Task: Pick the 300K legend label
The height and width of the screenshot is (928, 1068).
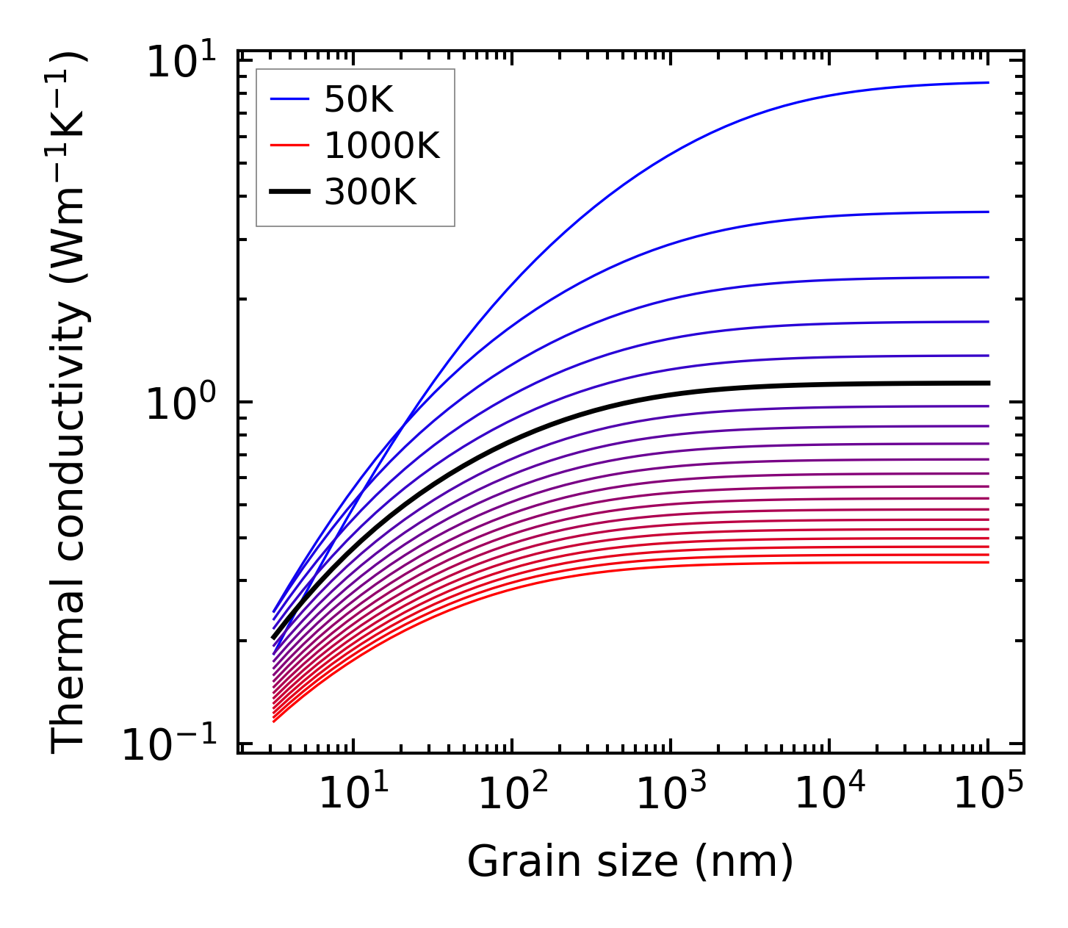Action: [x=370, y=193]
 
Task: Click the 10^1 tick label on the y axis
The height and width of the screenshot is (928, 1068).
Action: [x=181, y=62]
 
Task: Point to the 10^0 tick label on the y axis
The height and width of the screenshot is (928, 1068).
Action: [x=181, y=404]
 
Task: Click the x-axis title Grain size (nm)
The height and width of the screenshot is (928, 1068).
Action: [x=630, y=861]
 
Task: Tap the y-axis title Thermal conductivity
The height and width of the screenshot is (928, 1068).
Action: [x=70, y=402]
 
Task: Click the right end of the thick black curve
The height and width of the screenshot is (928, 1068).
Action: [x=989, y=383]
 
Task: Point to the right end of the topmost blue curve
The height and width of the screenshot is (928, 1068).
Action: [x=989, y=82]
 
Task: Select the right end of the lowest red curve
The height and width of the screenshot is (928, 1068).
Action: [x=989, y=562]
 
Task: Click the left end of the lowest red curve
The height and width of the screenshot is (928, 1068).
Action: [x=273, y=722]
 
